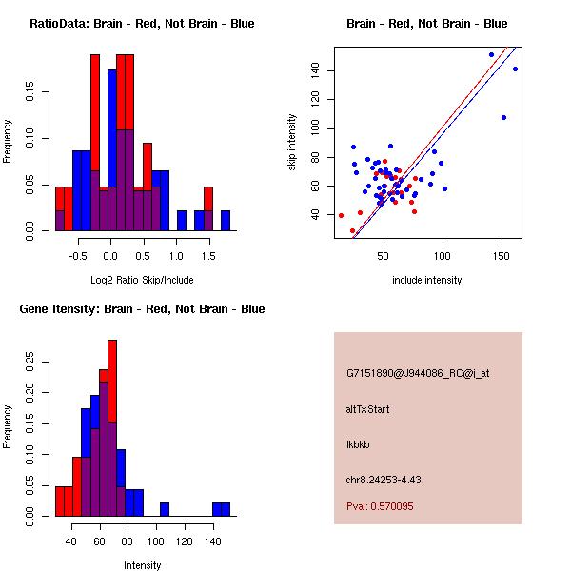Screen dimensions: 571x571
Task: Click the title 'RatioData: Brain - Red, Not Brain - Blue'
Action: (142, 24)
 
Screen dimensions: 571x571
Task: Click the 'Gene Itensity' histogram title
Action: (142, 309)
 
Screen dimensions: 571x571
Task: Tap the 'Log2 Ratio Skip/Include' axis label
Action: (142, 280)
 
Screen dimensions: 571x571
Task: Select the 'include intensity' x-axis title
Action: (427, 280)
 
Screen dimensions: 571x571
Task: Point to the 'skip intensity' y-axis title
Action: (292, 143)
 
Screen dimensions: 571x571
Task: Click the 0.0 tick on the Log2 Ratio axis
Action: (110, 256)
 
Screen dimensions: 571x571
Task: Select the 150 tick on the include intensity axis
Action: (502, 256)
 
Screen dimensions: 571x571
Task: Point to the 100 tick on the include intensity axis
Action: (443, 256)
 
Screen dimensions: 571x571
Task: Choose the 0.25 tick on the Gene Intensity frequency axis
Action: (30, 361)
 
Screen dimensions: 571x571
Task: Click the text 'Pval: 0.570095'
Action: (380, 506)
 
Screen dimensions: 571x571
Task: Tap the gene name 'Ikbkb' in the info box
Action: (358, 443)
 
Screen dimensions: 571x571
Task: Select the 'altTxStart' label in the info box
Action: (367, 409)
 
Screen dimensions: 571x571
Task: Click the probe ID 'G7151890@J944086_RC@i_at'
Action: (418, 374)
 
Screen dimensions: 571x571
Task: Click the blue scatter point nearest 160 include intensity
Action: (515, 69)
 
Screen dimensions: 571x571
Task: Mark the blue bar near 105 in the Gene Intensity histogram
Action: (165, 509)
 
